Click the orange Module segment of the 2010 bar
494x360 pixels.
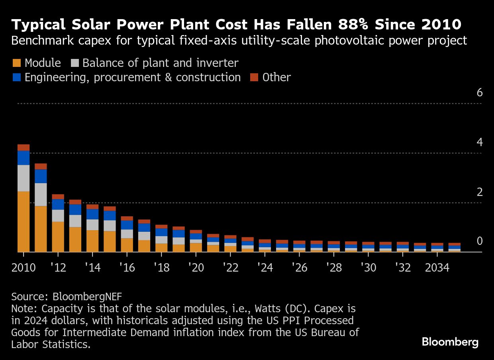(24, 221)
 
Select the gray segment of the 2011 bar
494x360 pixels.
(41, 194)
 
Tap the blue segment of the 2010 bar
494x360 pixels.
(24, 158)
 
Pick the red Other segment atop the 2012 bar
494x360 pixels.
(58, 197)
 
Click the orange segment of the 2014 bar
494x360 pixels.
(92, 241)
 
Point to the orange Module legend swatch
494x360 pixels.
(16, 63)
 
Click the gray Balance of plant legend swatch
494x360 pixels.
(74, 63)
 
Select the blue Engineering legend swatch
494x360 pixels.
(16, 77)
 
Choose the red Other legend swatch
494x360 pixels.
(254, 77)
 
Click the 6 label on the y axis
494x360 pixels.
(479, 92)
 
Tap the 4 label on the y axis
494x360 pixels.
(479, 142)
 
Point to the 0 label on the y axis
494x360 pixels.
(479, 241)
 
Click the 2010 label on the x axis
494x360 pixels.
(24, 268)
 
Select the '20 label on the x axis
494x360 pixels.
(196, 268)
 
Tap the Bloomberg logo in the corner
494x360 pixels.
(450, 342)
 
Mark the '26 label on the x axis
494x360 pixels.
(299, 268)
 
